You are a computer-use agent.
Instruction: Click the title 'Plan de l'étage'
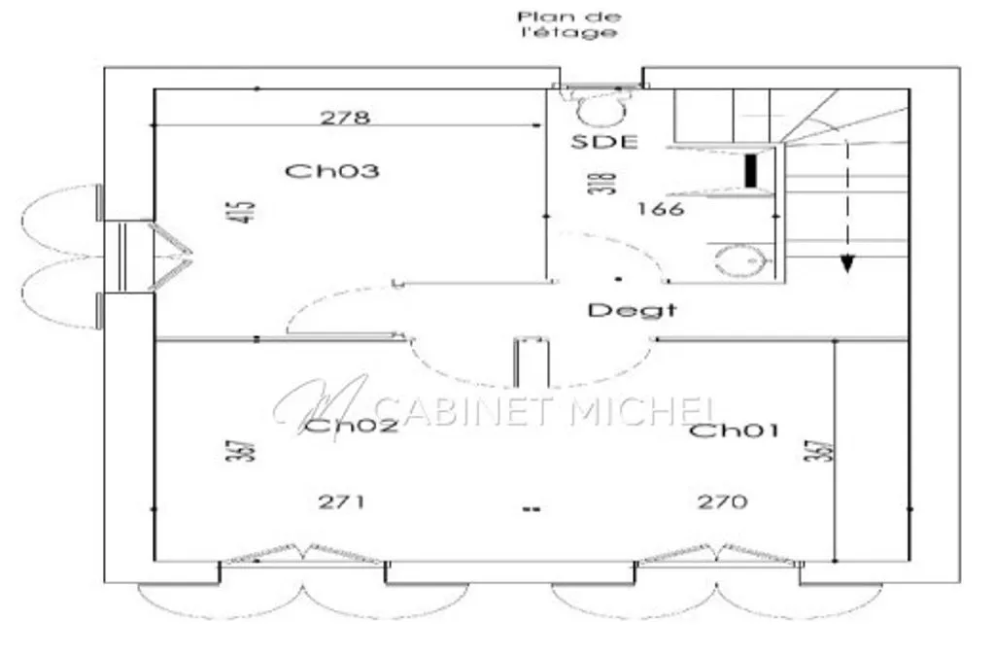coord(567,24)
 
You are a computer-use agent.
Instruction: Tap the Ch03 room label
coord(332,171)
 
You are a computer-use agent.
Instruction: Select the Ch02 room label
coord(351,425)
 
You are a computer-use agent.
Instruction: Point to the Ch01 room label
coord(734,431)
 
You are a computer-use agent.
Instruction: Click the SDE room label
coord(604,142)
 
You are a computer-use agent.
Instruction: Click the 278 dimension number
coord(345,118)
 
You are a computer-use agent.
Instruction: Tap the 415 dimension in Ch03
coord(240,212)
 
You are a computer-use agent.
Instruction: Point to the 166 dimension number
coord(661,208)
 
